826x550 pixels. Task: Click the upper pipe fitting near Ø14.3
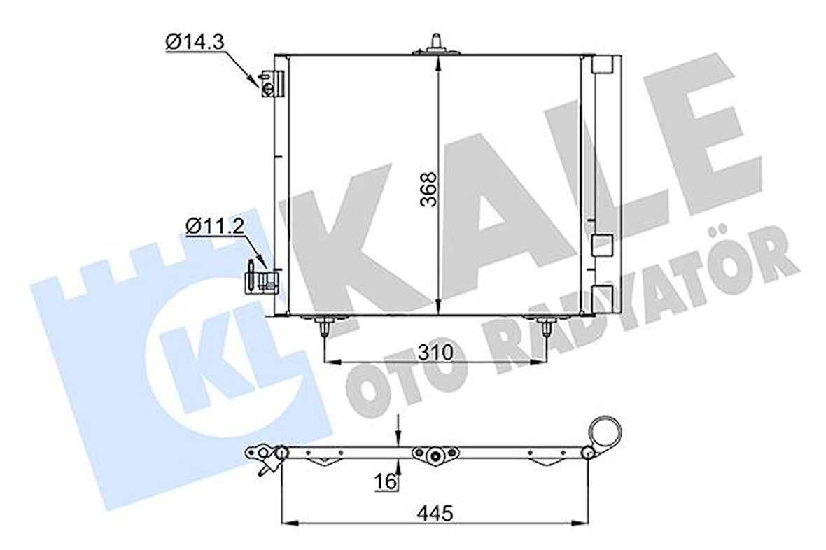pyautogui.click(x=269, y=83)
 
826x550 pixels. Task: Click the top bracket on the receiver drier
pyautogui.click(x=601, y=65)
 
